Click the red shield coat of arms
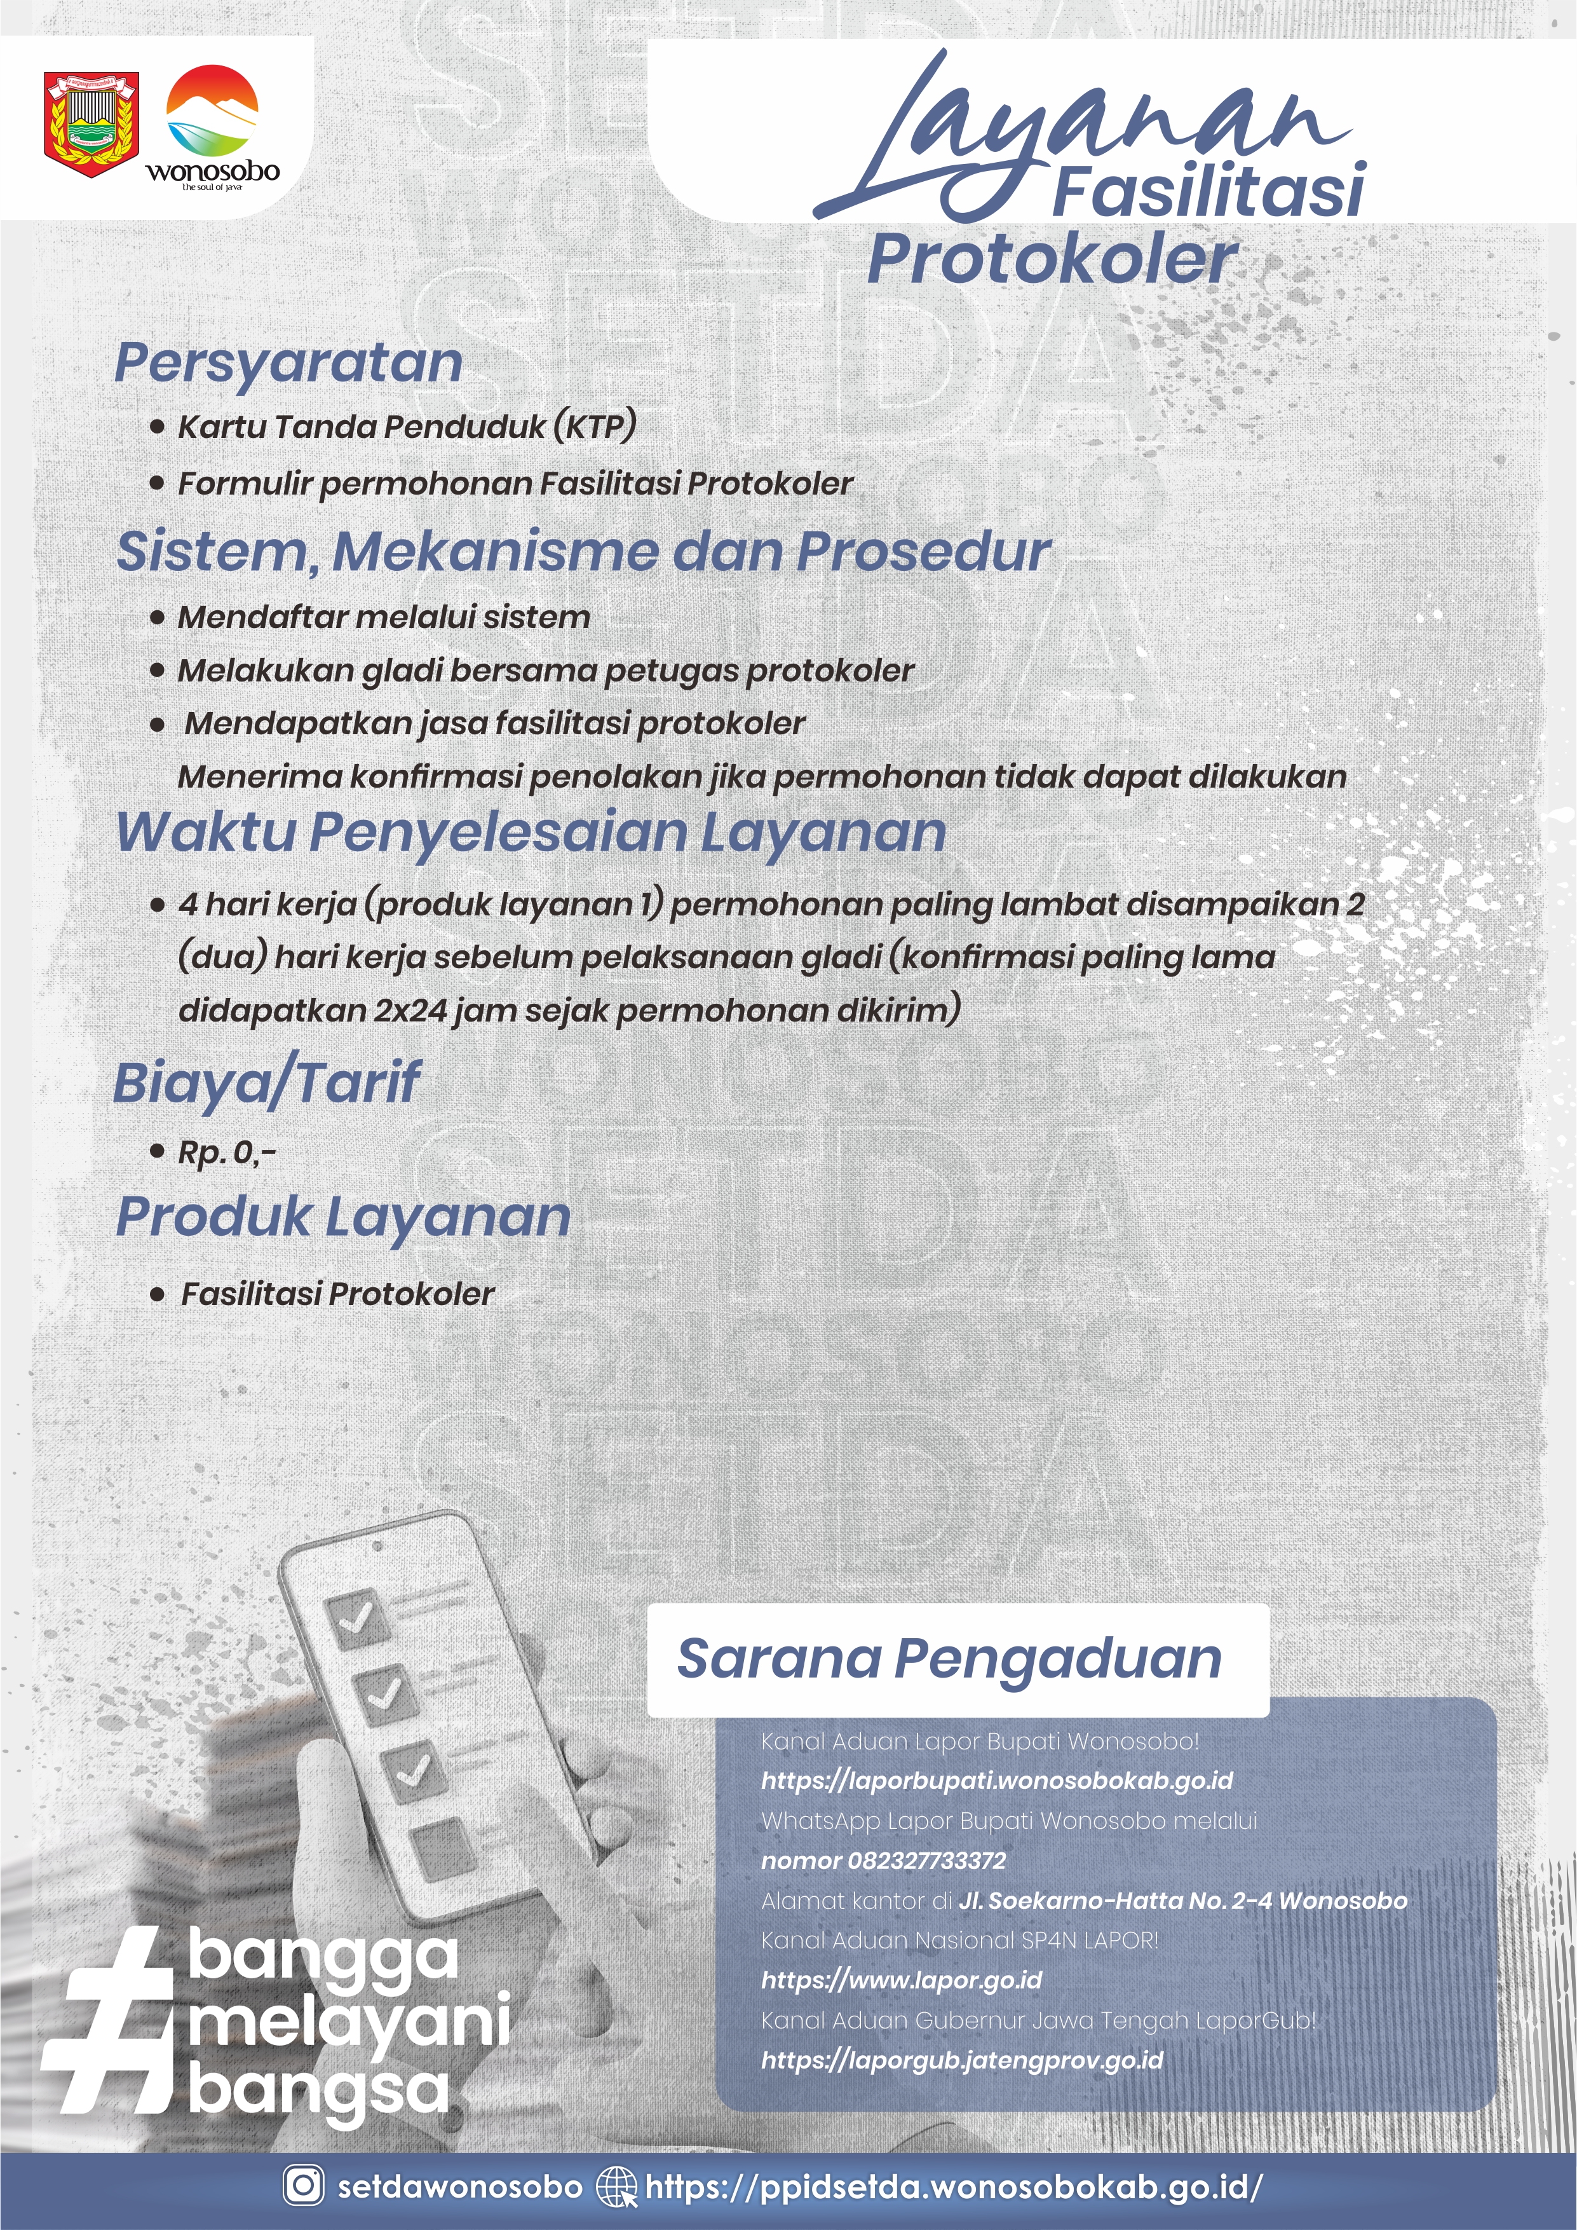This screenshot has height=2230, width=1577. pyautogui.click(x=91, y=123)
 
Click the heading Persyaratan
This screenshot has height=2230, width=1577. pyautogui.click(x=288, y=363)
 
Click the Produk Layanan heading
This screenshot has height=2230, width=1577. pyautogui.click(x=342, y=1216)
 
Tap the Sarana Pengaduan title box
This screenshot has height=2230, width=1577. pyautogui.click(x=958, y=1659)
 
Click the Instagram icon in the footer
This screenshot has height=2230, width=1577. pyautogui.click(x=303, y=2184)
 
